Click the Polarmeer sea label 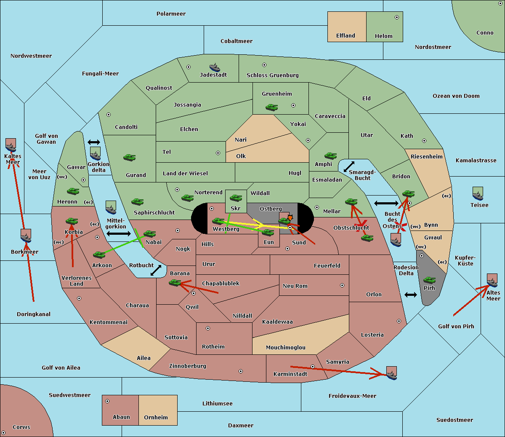[171, 14]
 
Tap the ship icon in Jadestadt [215, 67]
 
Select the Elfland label [346, 36]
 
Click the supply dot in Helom [396, 17]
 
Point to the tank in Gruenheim [271, 107]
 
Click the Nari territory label [241, 140]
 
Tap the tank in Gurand [129, 158]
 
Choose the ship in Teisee [478, 194]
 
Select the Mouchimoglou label [286, 348]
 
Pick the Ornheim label [156, 418]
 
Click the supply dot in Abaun [107, 401]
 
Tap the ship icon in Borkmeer [26, 236]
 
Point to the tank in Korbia [72, 221]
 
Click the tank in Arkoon [99, 255]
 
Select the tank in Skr [236, 197]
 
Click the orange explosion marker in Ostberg [290, 217]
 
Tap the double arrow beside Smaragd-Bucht [349, 167]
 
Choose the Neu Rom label [295, 286]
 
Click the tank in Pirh [429, 280]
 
